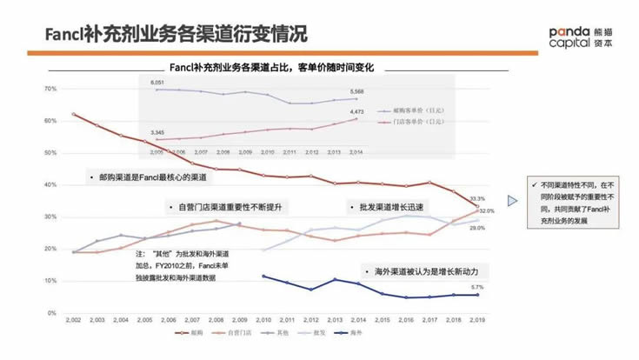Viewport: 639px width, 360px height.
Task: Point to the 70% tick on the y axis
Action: click(x=50, y=89)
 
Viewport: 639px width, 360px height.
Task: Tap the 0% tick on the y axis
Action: click(x=51, y=313)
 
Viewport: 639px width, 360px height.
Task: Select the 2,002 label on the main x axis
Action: click(x=72, y=321)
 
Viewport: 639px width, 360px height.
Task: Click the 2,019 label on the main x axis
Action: click(x=476, y=321)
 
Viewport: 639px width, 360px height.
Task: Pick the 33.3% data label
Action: click(x=476, y=199)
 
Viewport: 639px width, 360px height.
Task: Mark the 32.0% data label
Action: click(x=486, y=210)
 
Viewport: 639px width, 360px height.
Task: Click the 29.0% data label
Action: click(x=477, y=228)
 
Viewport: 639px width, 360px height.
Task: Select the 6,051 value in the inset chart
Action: click(x=157, y=82)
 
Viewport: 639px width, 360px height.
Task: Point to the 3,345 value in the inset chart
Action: click(x=156, y=132)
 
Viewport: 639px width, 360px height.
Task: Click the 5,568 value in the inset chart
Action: click(x=356, y=91)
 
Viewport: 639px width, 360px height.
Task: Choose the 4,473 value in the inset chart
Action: click(x=356, y=111)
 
